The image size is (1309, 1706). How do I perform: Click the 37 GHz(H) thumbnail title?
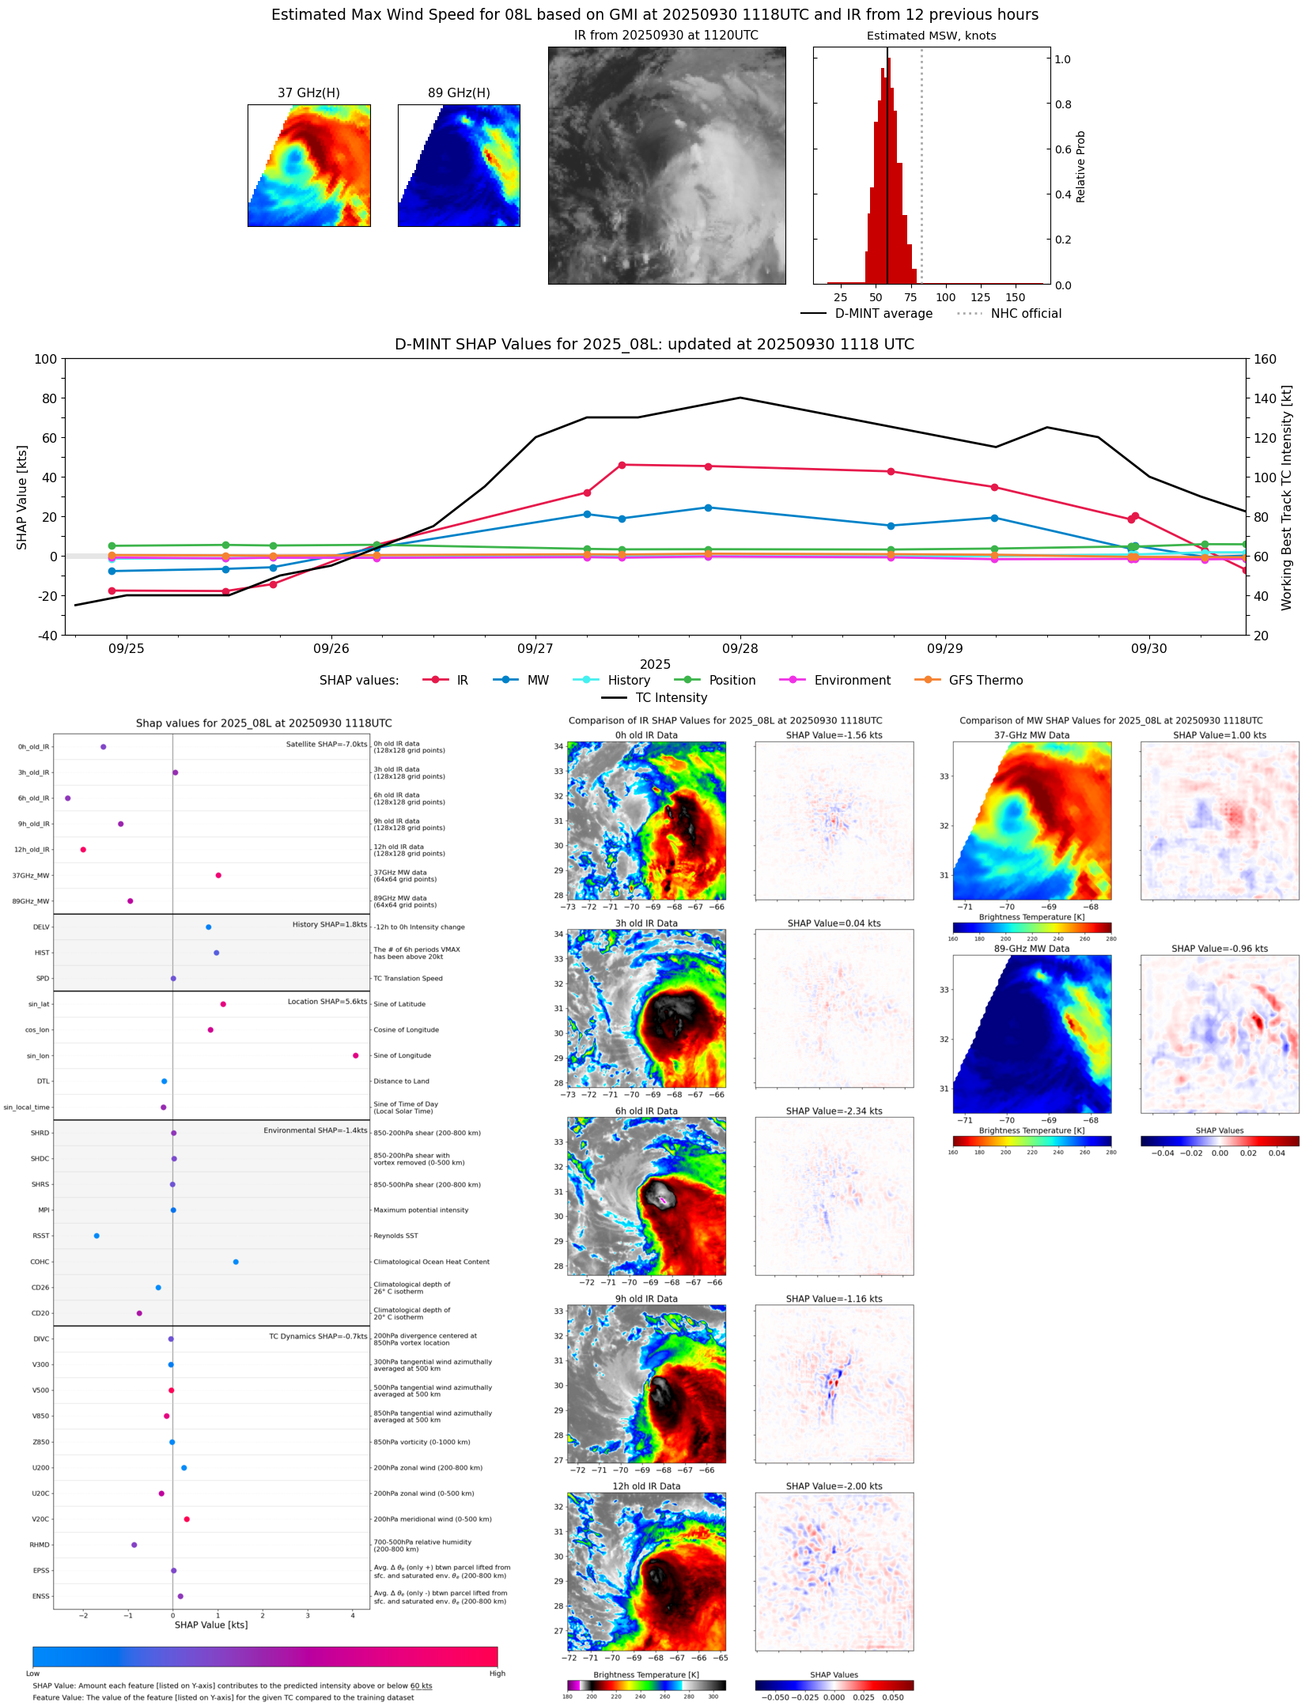(308, 93)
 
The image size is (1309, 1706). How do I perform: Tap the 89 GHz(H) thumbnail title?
(459, 93)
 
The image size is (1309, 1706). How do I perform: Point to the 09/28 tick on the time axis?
(740, 649)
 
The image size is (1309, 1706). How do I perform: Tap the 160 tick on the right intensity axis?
(1265, 360)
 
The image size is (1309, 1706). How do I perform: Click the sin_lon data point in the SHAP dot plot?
(356, 1055)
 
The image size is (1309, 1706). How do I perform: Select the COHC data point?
(236, 1262)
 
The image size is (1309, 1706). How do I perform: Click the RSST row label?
(40, 1236)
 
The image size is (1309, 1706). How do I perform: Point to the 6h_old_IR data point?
(68, 798)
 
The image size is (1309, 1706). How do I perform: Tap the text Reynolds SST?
(395, 1236)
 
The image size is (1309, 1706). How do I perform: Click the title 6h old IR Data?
(646, 1111)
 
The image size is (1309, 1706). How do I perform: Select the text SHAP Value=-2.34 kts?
(834, 1111)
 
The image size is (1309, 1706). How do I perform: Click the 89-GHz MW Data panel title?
(1031, 949)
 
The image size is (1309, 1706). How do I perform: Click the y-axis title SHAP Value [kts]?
(22, 497)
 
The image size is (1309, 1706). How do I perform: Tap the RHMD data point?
(134, 1545)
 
